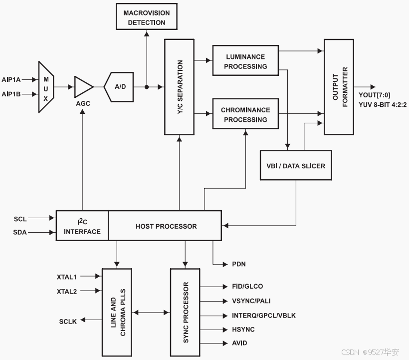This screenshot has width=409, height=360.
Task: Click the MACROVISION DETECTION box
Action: [146, 17]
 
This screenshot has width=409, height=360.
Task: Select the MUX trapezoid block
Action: [45, 87]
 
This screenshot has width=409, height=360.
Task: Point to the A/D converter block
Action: [119, 87]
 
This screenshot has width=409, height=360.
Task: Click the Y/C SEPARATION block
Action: [179, 87]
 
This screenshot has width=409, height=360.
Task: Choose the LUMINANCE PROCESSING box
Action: [245, 61]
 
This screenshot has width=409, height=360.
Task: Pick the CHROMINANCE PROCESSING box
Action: [245, 114]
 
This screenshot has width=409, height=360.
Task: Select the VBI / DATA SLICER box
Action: [296, 165]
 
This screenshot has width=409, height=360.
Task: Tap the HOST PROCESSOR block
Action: [166, 226]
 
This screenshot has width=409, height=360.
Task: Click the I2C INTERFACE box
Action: [82, 226]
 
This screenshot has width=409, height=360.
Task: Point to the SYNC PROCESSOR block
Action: [185, 312]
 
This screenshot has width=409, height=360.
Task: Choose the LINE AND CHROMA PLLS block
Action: [117, 312]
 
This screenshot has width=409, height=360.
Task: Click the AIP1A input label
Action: [11, 79]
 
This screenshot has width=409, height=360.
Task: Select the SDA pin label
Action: [20, 232]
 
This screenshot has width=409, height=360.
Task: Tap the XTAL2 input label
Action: [67, 291]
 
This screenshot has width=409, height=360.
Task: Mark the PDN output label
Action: [239, 264]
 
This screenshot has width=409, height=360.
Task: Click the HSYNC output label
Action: [243, 330]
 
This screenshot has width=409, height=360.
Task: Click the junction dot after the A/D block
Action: [147, 87]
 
